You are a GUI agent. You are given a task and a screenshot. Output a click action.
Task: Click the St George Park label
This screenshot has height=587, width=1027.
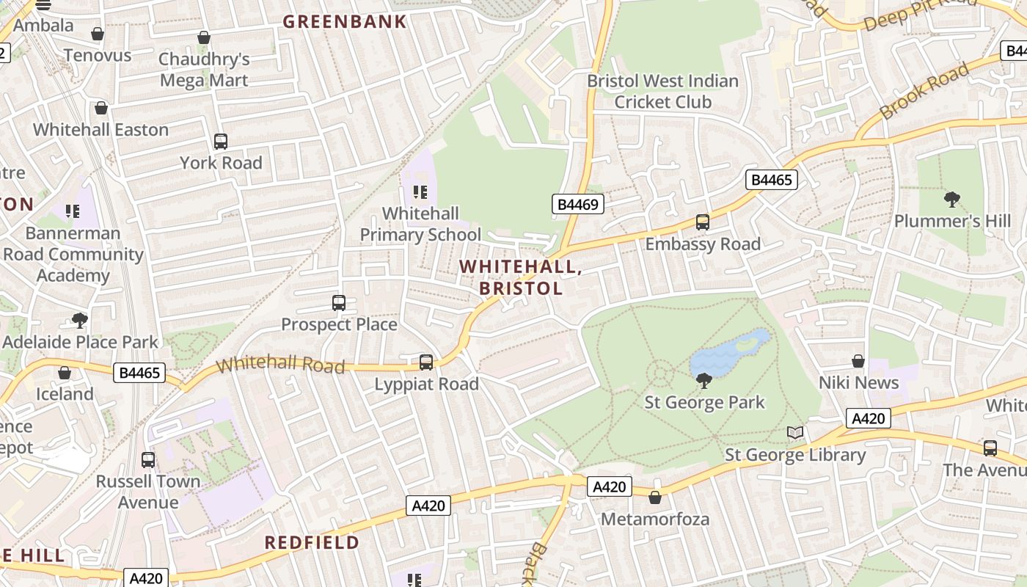[704, 402]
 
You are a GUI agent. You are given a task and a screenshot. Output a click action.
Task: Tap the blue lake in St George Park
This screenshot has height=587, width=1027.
[726, 357]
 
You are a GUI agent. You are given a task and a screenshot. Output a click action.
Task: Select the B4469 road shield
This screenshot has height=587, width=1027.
[577, 204]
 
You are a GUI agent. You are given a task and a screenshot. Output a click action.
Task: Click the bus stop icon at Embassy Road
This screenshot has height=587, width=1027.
[703, 222]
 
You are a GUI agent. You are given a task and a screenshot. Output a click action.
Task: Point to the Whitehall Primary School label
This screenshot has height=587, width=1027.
[420, 224]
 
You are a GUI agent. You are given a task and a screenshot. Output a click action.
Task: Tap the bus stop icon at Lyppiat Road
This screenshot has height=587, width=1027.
[426, 362]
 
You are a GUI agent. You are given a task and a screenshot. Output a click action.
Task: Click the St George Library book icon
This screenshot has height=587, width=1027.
[795, 433]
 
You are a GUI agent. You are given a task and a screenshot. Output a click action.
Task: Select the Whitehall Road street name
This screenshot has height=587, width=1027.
[281, 364]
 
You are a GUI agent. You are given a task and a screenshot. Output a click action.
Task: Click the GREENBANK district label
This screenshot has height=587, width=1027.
[344, 21]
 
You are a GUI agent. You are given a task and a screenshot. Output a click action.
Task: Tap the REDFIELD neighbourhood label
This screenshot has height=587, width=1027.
[312, 542]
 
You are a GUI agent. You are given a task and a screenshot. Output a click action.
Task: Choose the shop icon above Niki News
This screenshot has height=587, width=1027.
[858, 361]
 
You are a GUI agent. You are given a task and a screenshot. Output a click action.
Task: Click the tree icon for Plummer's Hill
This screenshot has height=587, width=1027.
[952, 199]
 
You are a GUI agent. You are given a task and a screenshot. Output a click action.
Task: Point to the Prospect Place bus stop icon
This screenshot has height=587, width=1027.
[339, 302]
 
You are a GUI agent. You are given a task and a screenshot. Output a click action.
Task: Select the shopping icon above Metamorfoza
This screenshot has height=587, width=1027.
[655, 497]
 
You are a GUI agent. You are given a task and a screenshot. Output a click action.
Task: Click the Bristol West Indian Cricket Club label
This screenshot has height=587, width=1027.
[662, 91]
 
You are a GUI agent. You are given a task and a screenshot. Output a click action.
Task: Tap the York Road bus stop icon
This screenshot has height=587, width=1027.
[221, 141]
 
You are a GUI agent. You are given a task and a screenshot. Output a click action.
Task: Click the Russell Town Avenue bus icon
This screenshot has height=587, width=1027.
[148, 460]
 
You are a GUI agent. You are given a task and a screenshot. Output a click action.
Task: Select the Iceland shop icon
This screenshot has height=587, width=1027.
[65, 373]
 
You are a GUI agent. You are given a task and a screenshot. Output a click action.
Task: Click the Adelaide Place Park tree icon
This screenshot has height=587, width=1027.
[80, 321]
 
